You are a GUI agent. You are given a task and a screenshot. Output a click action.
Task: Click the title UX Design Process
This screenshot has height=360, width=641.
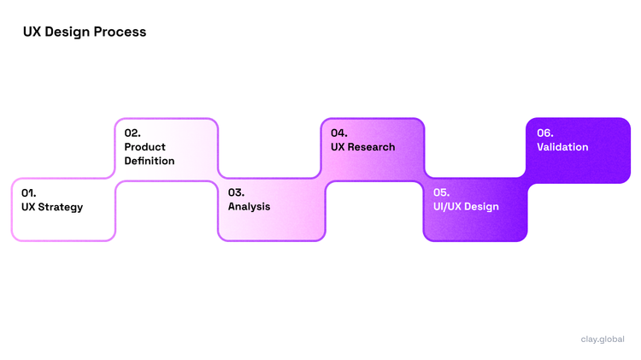click(x=85, y=32)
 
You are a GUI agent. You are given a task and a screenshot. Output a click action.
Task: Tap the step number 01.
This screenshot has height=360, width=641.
click(x=29, y=192)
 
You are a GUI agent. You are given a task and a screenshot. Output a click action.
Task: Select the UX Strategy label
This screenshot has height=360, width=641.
click(x=52, y=207)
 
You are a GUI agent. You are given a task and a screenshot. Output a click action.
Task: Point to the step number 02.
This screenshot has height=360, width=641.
click(x=132, y=133)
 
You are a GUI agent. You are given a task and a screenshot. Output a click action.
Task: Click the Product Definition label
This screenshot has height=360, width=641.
click(x=150, y=154)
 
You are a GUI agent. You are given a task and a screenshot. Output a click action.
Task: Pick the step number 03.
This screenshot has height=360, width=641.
click(x=236, y=192)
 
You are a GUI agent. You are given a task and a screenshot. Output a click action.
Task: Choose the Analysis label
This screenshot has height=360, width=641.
click(x=249, y=207)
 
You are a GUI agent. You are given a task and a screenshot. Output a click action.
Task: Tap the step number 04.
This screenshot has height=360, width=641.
click(x=339, y=133)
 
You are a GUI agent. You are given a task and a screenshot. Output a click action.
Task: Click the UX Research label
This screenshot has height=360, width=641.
click(x=363, y=147)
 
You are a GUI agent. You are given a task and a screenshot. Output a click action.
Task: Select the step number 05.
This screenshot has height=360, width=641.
click(x=442, y=192)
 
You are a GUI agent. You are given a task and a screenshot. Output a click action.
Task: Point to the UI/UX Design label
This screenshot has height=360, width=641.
click(x=466, y=207)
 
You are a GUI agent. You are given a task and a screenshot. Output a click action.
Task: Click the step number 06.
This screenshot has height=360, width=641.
click(x=545, y=133)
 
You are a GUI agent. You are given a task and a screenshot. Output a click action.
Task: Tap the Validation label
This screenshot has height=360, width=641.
click(x=562, y=147)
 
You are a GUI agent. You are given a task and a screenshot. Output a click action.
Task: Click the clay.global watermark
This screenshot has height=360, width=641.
click(x=602, y=339)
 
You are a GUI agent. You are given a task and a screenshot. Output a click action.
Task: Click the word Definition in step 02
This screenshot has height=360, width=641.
click(x=150, y=161)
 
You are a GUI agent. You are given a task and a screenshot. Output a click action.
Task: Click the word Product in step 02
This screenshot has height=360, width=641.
click(x=145, y=147)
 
